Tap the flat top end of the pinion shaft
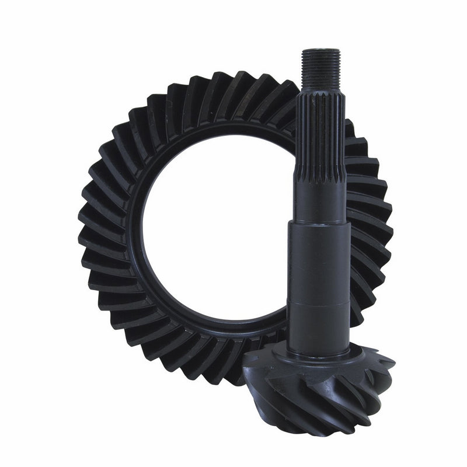point(320,51)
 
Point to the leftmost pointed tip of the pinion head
point(245,357)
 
